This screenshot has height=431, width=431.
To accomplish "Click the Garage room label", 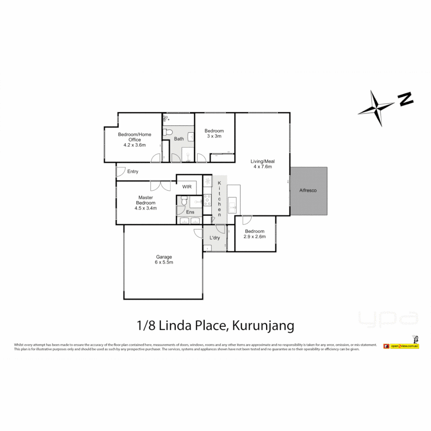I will (x=164, y=257).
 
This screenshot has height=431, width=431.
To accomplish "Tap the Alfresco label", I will (x=308, y=191).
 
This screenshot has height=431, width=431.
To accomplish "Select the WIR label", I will (x=187, y=187).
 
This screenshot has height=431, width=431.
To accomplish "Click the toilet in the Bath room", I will (x=169, y=132).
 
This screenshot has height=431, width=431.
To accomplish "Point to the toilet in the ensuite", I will (x=183, y=202).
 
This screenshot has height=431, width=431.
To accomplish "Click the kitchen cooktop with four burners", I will (x=207, y=200).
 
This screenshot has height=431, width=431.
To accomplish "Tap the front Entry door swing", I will (x=120, y=172).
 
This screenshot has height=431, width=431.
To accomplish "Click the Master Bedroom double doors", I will (x=160, y=186).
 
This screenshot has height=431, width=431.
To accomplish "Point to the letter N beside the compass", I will (x=406, y=99).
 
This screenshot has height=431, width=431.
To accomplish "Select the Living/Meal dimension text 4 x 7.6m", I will (x=263, y=167).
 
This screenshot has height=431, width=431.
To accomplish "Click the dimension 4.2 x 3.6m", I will (x=134, y=145).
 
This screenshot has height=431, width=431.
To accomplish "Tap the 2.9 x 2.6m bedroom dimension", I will (x=255, y=237).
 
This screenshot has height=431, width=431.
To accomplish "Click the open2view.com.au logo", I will (x=401, y=346).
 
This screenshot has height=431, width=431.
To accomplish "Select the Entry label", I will (x=133, y=172).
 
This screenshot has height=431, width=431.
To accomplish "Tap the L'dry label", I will (x=215, y=238).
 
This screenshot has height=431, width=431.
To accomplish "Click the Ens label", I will (x=190, y=212).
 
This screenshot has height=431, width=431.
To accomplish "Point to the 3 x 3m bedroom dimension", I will (x=214, y=136).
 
